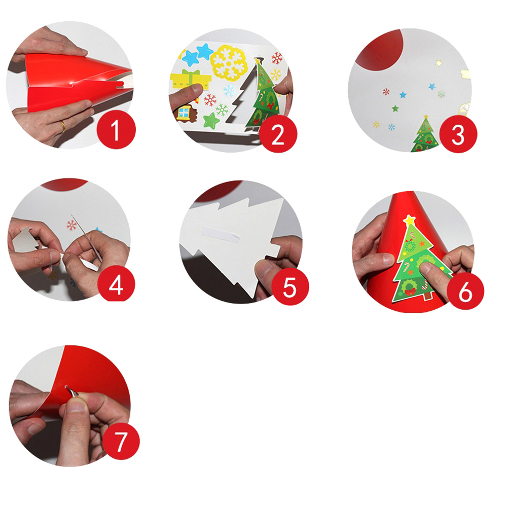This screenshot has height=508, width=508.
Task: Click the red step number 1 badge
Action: click(116, 130)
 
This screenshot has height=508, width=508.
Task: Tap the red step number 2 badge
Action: click(278, 134)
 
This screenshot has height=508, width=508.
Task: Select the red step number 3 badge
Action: click(458, 134)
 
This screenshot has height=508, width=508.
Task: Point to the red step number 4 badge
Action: click(116, 284)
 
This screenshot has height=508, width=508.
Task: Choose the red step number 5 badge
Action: click(290, 286)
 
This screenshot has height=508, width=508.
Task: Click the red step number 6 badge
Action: click(465, 291)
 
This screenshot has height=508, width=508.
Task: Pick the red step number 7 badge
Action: click(121, 441)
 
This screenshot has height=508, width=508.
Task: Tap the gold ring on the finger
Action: click(63, 126)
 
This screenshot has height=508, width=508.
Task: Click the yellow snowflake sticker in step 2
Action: click(229, 62)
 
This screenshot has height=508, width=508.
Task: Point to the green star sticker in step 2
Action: click(211, 121)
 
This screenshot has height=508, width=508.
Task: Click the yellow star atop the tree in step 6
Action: click(410, 220)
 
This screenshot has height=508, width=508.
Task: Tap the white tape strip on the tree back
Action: click(221, 235)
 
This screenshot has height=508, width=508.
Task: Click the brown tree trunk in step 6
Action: click(428, 296)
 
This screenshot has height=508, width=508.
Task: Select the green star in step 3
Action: click(395, 108)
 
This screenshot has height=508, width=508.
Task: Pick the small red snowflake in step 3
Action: click(386, 92)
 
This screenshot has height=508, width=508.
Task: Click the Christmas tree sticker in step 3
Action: click(424, 134)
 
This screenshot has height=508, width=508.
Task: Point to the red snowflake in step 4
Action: click(71, 225)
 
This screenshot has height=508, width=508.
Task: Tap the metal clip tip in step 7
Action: click(66, 387)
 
